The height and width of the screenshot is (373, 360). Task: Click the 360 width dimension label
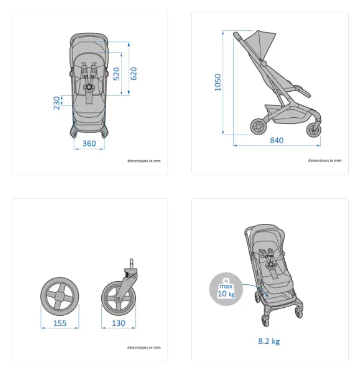coord(89,144)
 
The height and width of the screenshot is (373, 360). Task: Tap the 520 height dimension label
coord(117,73)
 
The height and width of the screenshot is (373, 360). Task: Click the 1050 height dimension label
coord(218,82)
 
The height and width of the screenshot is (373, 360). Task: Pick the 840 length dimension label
coord(276,141)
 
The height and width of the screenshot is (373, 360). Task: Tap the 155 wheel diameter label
coord(60,323)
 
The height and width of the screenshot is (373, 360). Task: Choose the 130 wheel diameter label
coord(119,323)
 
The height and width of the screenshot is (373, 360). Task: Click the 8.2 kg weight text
coord(269,341)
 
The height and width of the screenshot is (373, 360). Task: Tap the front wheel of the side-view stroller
coord(313,131)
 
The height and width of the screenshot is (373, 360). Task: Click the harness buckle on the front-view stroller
coord(89,86)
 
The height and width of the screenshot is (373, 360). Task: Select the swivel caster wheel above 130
coord(118,297)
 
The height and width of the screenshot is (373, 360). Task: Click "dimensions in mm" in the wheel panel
coord(144,348)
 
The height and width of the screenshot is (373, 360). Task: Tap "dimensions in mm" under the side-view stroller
coord(324,160)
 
